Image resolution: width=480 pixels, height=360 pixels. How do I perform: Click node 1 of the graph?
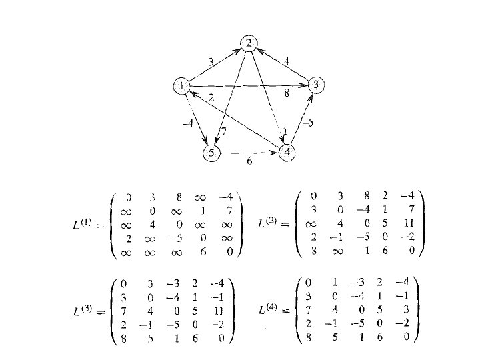point(181,86)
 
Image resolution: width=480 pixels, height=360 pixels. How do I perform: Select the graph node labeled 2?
point(249,44)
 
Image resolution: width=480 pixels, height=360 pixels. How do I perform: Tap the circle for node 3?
point(317,85)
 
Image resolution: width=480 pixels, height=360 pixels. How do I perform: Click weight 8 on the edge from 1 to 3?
point(287,95)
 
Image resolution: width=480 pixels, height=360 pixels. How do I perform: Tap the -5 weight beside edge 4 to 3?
point(307,123)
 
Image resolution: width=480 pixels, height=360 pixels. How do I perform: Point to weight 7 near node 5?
point(224,132)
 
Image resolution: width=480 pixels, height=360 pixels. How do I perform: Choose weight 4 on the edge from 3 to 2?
point(286,61)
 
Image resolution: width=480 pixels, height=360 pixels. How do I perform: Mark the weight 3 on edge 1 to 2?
point(210,61)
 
